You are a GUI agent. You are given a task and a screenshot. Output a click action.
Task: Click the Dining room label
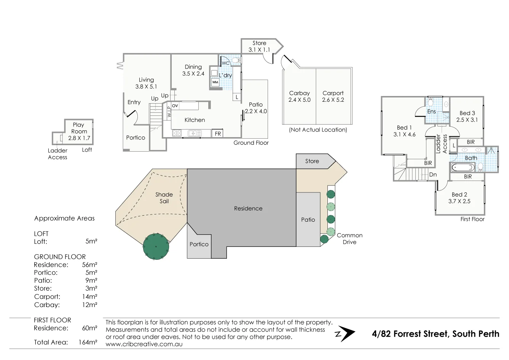[x=193, y=67]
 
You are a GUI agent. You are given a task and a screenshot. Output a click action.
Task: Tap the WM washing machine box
[x=215, y=82]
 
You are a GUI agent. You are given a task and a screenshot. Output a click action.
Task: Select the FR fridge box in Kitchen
[x=217, y=134]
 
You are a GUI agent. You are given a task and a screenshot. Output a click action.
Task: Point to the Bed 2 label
[x=459, y=195]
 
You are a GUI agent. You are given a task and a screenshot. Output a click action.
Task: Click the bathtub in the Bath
[x=463, y=167]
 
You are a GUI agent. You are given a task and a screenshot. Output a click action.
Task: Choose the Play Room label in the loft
[x=79, y=128]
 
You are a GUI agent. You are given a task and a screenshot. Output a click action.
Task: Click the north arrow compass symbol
[x=345, y=334]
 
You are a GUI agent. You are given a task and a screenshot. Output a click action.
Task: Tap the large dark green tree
[x=156, y=246]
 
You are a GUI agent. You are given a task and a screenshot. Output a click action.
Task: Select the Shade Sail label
[x=164, y=198]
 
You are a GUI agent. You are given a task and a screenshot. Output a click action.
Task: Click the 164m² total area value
[x=88, y=342]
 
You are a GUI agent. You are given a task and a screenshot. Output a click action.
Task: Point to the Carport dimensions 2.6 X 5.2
[x=333, y=100]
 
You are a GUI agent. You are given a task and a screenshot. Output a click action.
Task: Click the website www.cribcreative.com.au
[x=144, y=344]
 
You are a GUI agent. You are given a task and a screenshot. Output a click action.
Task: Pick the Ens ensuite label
[x=431, y=112]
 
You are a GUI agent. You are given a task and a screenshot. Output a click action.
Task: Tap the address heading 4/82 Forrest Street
[x=435, y=334]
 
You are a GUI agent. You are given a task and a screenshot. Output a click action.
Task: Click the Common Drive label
[x=349, y=238]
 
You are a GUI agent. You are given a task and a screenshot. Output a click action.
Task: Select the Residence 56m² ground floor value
[x=89, y=265]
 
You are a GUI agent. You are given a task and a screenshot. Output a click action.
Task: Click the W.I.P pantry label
[x=169, y=112]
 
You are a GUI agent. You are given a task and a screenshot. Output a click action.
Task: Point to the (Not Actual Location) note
[x=318, y=130]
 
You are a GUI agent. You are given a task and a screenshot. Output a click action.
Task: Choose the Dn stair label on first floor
[x=433, y=174]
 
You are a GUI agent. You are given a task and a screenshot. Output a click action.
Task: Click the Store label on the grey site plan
[x=312, y=161]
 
